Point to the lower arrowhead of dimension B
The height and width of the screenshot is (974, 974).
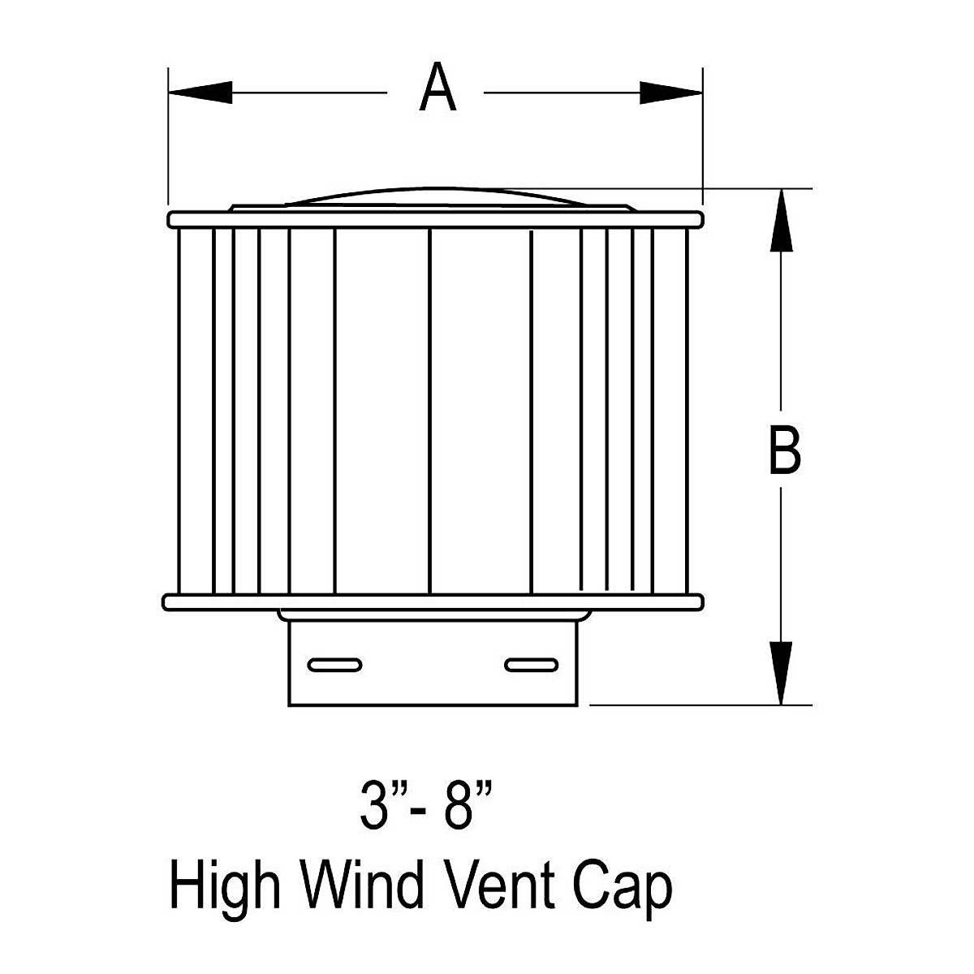point(781,672)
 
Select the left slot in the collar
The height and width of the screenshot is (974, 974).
point(334,665)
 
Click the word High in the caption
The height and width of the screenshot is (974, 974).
point(224,886)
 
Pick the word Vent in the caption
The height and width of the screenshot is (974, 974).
point(496,886)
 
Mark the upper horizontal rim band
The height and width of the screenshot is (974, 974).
point(434,220)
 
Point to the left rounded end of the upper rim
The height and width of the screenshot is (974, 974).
point(172,220)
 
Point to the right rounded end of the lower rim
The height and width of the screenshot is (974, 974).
point(696,601)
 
